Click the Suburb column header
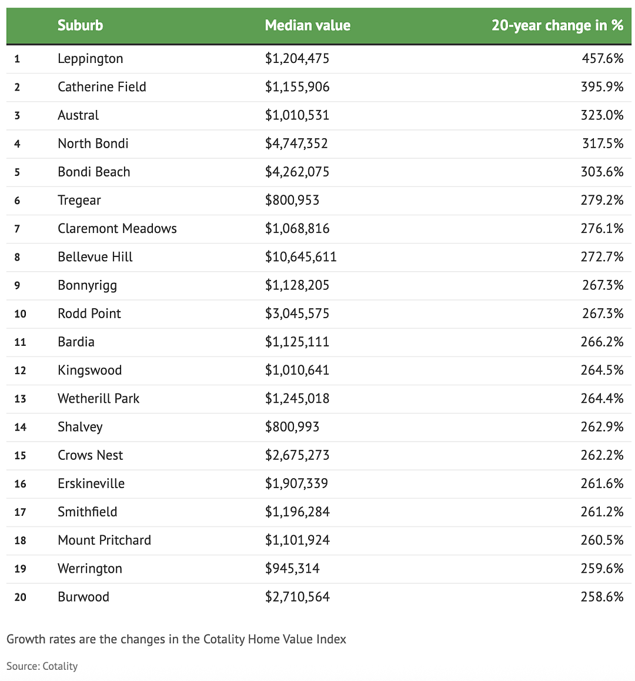point(81,25)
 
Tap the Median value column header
point(308,25)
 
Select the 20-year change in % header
point(557,26)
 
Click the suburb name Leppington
point(91,59)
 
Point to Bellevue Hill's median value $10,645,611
point(301,256)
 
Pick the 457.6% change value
point(603,58)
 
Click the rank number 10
point(20,313)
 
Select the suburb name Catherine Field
point(102,87)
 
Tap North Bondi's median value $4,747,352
point(297,143)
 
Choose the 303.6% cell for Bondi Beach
point(602,172)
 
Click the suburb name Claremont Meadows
point(117,228)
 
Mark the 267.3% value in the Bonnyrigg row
point(603,285)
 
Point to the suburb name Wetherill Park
point(99,398)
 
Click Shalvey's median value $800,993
point(292,427)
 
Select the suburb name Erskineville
point(91,483)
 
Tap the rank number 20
point(20,597)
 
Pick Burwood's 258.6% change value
point(602,597)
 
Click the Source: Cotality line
point(42,666)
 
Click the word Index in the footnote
point(332,639)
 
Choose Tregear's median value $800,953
point(292,200)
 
